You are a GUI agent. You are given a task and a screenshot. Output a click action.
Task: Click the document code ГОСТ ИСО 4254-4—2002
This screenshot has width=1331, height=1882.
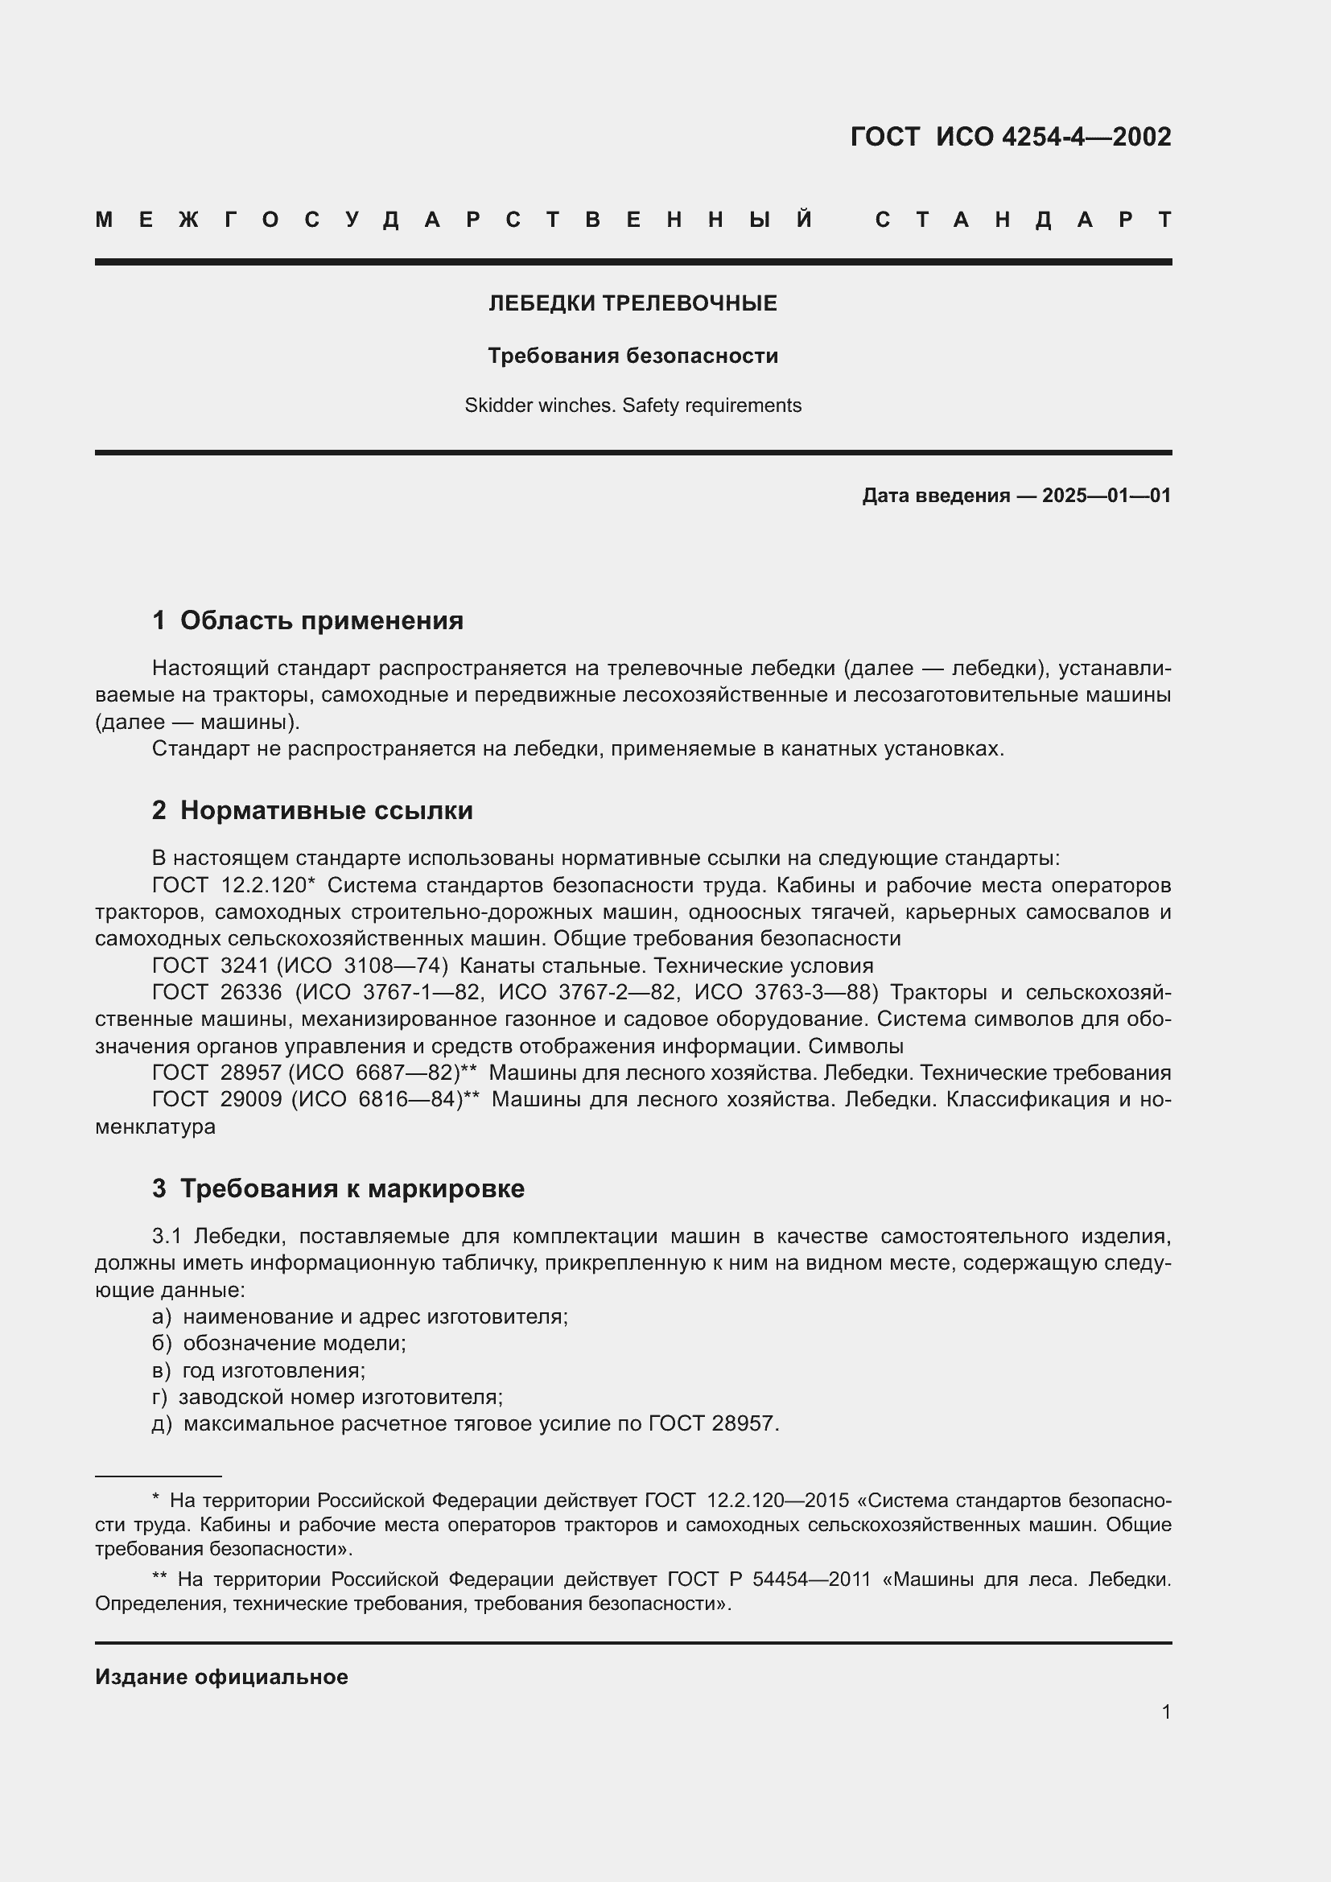click(1010, 136)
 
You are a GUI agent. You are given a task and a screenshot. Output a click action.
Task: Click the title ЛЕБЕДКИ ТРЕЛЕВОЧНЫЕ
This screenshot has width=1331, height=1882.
click(633, 303)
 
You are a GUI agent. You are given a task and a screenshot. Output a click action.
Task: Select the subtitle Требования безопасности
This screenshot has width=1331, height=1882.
click(633, 356)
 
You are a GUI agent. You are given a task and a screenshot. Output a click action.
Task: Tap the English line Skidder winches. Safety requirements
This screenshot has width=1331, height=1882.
click(633, 405)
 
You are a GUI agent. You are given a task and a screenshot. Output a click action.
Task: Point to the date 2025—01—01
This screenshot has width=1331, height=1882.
click(1106, 495)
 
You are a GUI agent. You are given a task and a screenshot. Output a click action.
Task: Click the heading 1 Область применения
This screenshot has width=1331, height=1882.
click(307, 620)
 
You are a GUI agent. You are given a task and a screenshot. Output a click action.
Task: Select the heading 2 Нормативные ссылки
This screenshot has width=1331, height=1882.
click(312, 810)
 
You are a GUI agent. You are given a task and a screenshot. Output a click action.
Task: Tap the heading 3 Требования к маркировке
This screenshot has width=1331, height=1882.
click(338, 1188)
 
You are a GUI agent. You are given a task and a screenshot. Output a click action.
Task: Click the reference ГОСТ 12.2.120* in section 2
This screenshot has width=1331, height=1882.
click(233, 885)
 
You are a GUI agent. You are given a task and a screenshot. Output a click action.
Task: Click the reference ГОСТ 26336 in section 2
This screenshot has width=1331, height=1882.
click(217, 993)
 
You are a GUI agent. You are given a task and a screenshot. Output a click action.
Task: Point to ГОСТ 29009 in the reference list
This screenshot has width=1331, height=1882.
click(217, 1099)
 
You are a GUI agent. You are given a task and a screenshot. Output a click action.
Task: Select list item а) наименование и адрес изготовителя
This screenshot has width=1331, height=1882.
click(361, 1316)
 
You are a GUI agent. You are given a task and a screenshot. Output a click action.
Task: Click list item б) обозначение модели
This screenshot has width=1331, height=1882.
click(280, 1343)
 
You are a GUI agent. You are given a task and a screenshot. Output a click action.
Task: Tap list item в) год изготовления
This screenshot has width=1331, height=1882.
click(260, 1369)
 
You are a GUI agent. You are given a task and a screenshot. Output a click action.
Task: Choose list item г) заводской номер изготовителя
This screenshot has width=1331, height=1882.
click(328, 1397)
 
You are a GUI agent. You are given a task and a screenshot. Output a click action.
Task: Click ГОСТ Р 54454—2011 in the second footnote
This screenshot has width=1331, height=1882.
click(768, 1579)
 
